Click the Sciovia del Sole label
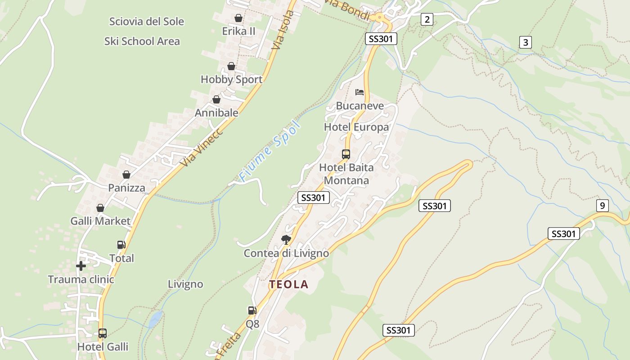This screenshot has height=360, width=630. (147, 21)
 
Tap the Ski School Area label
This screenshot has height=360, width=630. (142, 41)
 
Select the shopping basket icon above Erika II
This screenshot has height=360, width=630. (238, 18)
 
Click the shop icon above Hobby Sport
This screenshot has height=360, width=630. (231, 66)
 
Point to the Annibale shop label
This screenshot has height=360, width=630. (216, 113)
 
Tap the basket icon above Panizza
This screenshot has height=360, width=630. (126, 175)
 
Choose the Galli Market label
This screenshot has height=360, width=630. (100, 221)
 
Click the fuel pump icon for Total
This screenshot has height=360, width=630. (121, 245)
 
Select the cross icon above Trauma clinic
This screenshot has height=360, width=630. (81, 266)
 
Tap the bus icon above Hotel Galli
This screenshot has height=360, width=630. (103, 333)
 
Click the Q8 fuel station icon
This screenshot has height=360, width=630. (252, 310)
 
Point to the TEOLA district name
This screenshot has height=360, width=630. (289, 284)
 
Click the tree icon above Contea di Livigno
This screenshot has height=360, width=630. (286, 239)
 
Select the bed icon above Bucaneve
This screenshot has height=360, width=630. (359, 92)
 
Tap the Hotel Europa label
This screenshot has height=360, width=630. (356, 127)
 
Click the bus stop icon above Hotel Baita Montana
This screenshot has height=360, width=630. (346, 154)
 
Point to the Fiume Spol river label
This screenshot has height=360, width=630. (269, 151)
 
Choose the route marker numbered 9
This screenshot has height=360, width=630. (602, 206)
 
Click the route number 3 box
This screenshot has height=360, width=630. (525, 42)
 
